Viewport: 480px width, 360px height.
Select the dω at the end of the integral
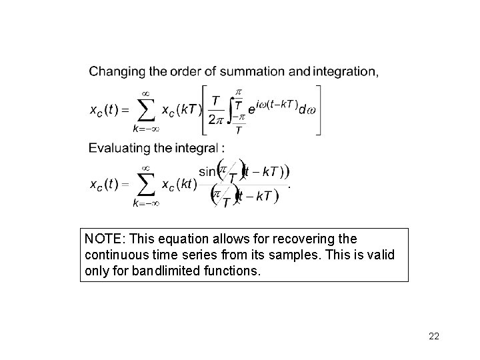pyautogui.click(x=307, y=110)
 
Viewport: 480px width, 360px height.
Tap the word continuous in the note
pyautogui.click(x=116, y=255)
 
